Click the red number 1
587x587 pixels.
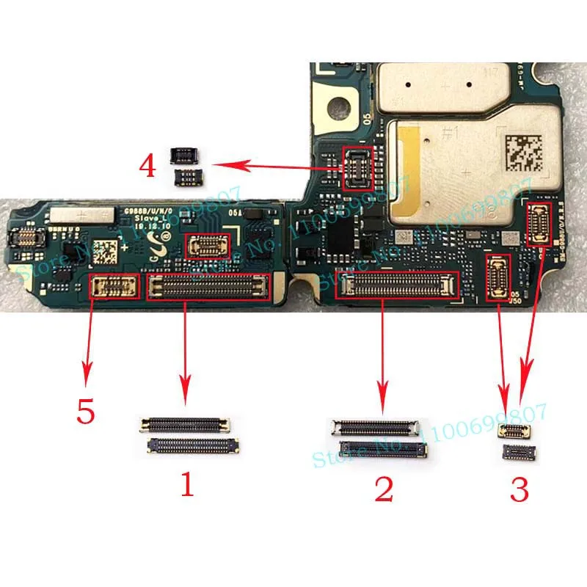187,484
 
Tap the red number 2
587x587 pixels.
384,488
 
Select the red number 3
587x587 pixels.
519,488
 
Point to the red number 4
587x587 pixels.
147,166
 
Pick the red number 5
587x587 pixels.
86,411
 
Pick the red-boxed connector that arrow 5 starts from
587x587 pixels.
114,285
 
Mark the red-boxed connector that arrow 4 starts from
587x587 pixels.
357,167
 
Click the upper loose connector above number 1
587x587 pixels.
186,424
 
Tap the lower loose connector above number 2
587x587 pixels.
382,448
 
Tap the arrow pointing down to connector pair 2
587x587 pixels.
382,352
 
